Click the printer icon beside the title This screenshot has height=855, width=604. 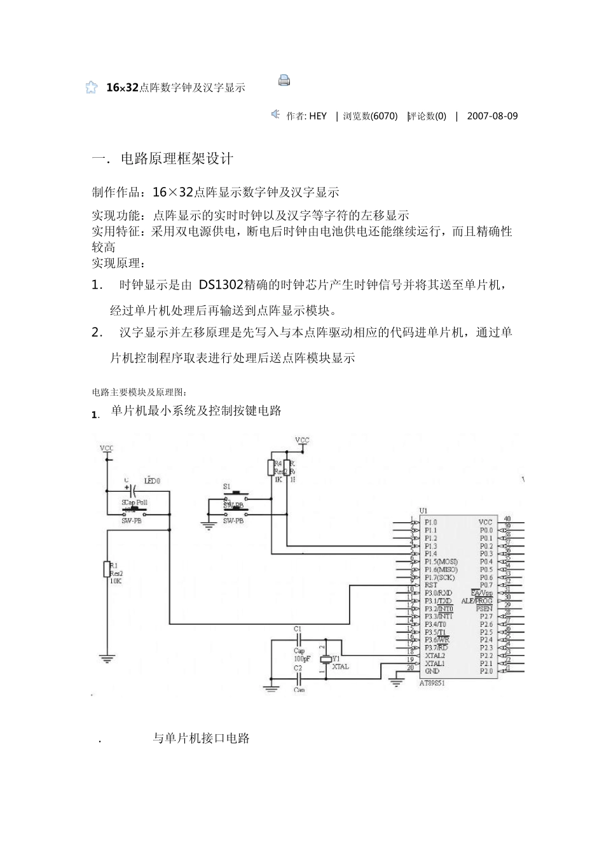[x=284, y=80]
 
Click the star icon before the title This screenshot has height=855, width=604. [x=92, y=88]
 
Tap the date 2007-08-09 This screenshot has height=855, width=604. [x=492, y=116]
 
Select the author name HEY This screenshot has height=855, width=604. [x=318, y=116]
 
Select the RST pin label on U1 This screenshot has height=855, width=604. [x=431, y=585]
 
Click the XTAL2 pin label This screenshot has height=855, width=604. [x=435, y=655]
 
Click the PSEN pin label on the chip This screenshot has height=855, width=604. [x=484, y=609]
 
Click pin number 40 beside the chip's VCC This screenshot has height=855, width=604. [x=507, y=518]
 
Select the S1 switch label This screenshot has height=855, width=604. [x=227, y=486]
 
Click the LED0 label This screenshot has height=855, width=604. [x=152, y=481]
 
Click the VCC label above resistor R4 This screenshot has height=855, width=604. [x=302, y=440]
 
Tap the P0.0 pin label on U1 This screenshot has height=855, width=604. [x=486, y=530]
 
